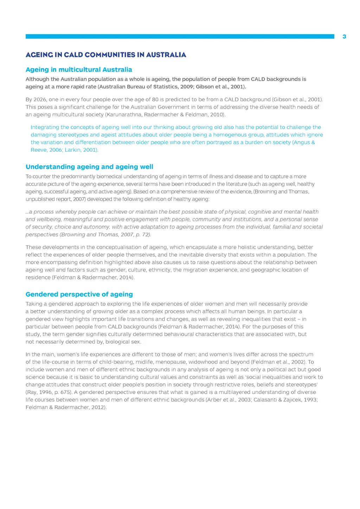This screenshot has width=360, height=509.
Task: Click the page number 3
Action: (344, 37)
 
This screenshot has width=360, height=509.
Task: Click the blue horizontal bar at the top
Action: (180, 36)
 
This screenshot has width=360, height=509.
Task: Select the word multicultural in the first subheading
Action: (75, 70)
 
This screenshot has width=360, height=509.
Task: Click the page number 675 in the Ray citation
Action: (65, 392)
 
